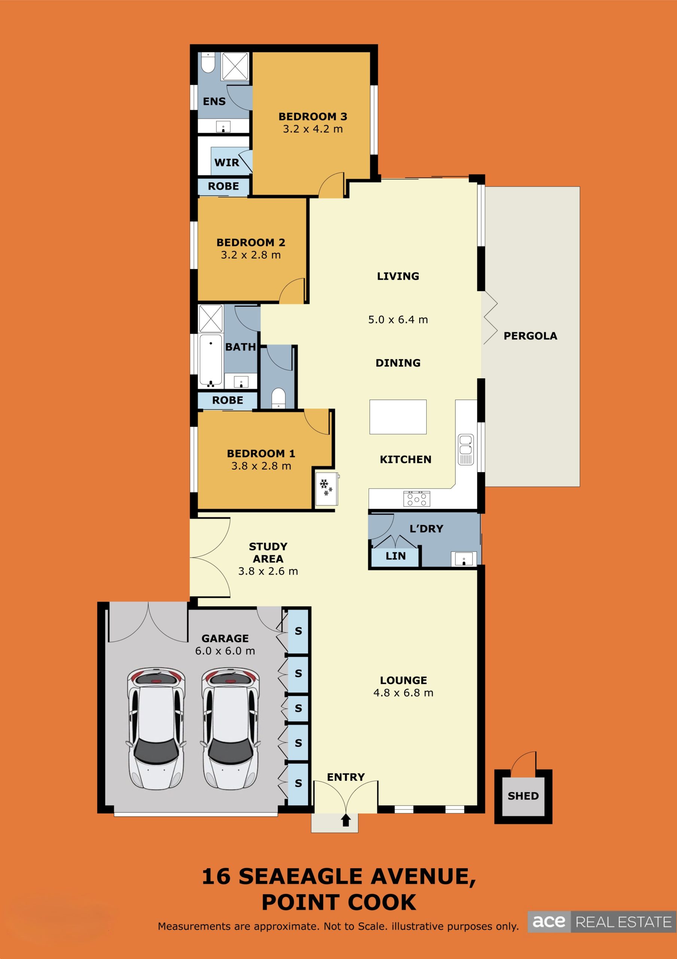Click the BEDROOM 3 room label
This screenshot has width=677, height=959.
[312, 117]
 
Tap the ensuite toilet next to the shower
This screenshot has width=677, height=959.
[208, 62]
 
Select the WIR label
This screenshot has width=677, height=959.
[227, 163]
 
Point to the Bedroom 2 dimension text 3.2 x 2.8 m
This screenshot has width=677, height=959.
[250, 255]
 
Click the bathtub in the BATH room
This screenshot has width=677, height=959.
[211, 360]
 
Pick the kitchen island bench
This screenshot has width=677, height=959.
[398, 417]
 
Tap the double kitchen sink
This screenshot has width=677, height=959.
[466, 450]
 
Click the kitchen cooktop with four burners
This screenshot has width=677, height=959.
[417, 499]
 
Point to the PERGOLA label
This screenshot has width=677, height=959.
[530, 336]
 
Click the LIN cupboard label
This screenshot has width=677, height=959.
[395, 556]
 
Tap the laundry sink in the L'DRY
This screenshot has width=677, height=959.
[463, 559]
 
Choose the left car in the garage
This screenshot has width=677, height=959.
[156, 729]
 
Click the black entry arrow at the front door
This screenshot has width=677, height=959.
[345, 820]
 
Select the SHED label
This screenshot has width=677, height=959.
[523, 796]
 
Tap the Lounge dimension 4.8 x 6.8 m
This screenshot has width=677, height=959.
[403, 693]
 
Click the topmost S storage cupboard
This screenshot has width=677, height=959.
[298, 631]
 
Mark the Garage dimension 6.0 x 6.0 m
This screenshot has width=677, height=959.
[225, 651]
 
